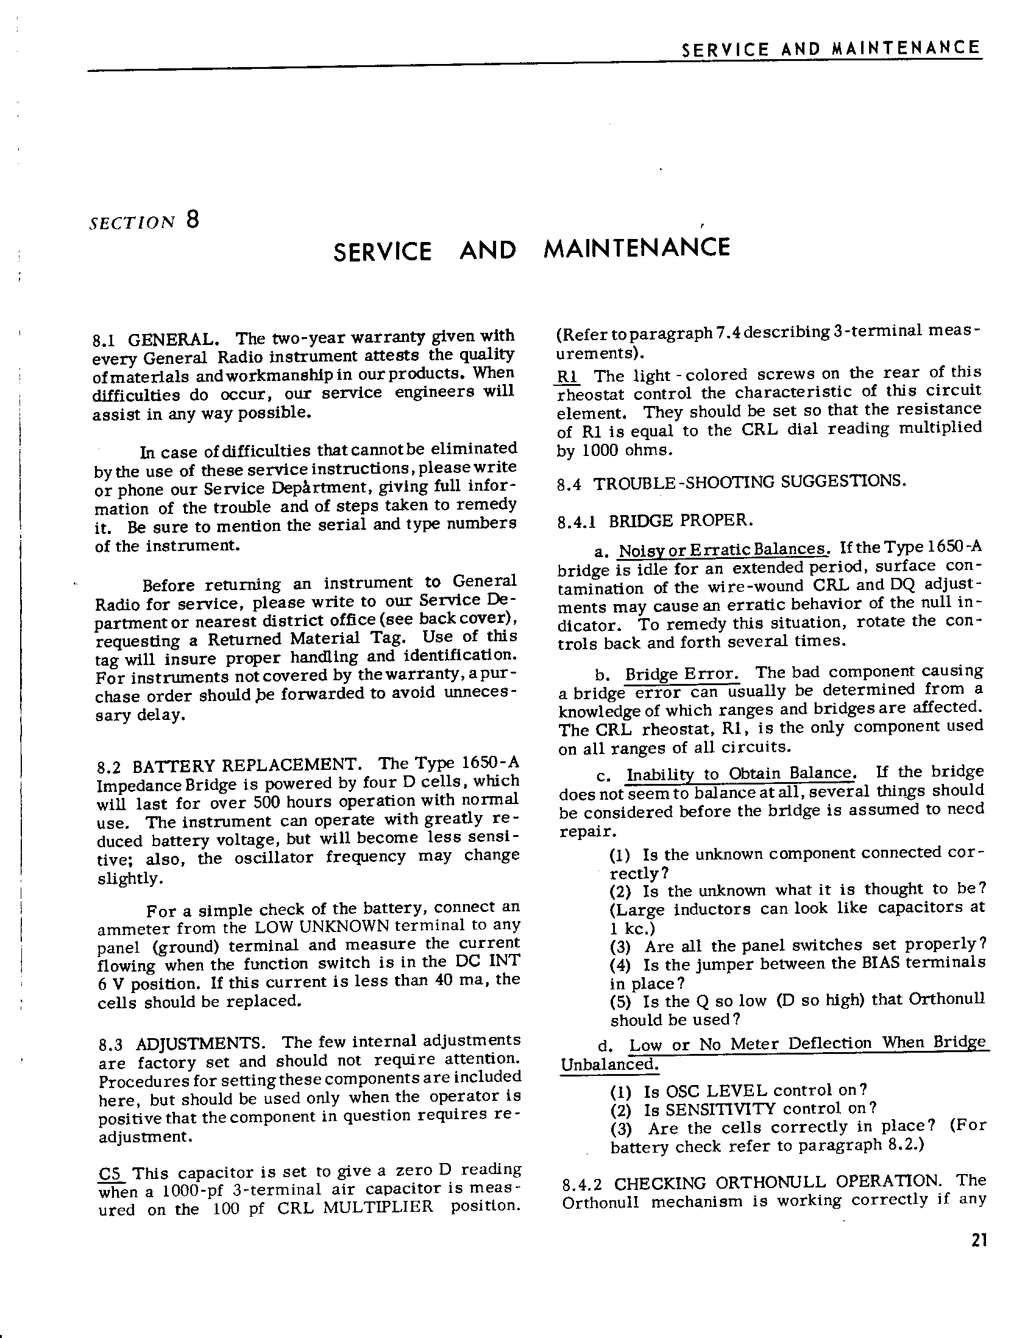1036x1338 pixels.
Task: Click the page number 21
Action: (x=978, y=1240)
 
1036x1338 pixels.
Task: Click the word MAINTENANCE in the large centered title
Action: (x=637, y=248)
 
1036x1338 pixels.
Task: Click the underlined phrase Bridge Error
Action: (x=681, y=674)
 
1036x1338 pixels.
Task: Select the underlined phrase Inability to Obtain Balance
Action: (x=740, y=774)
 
